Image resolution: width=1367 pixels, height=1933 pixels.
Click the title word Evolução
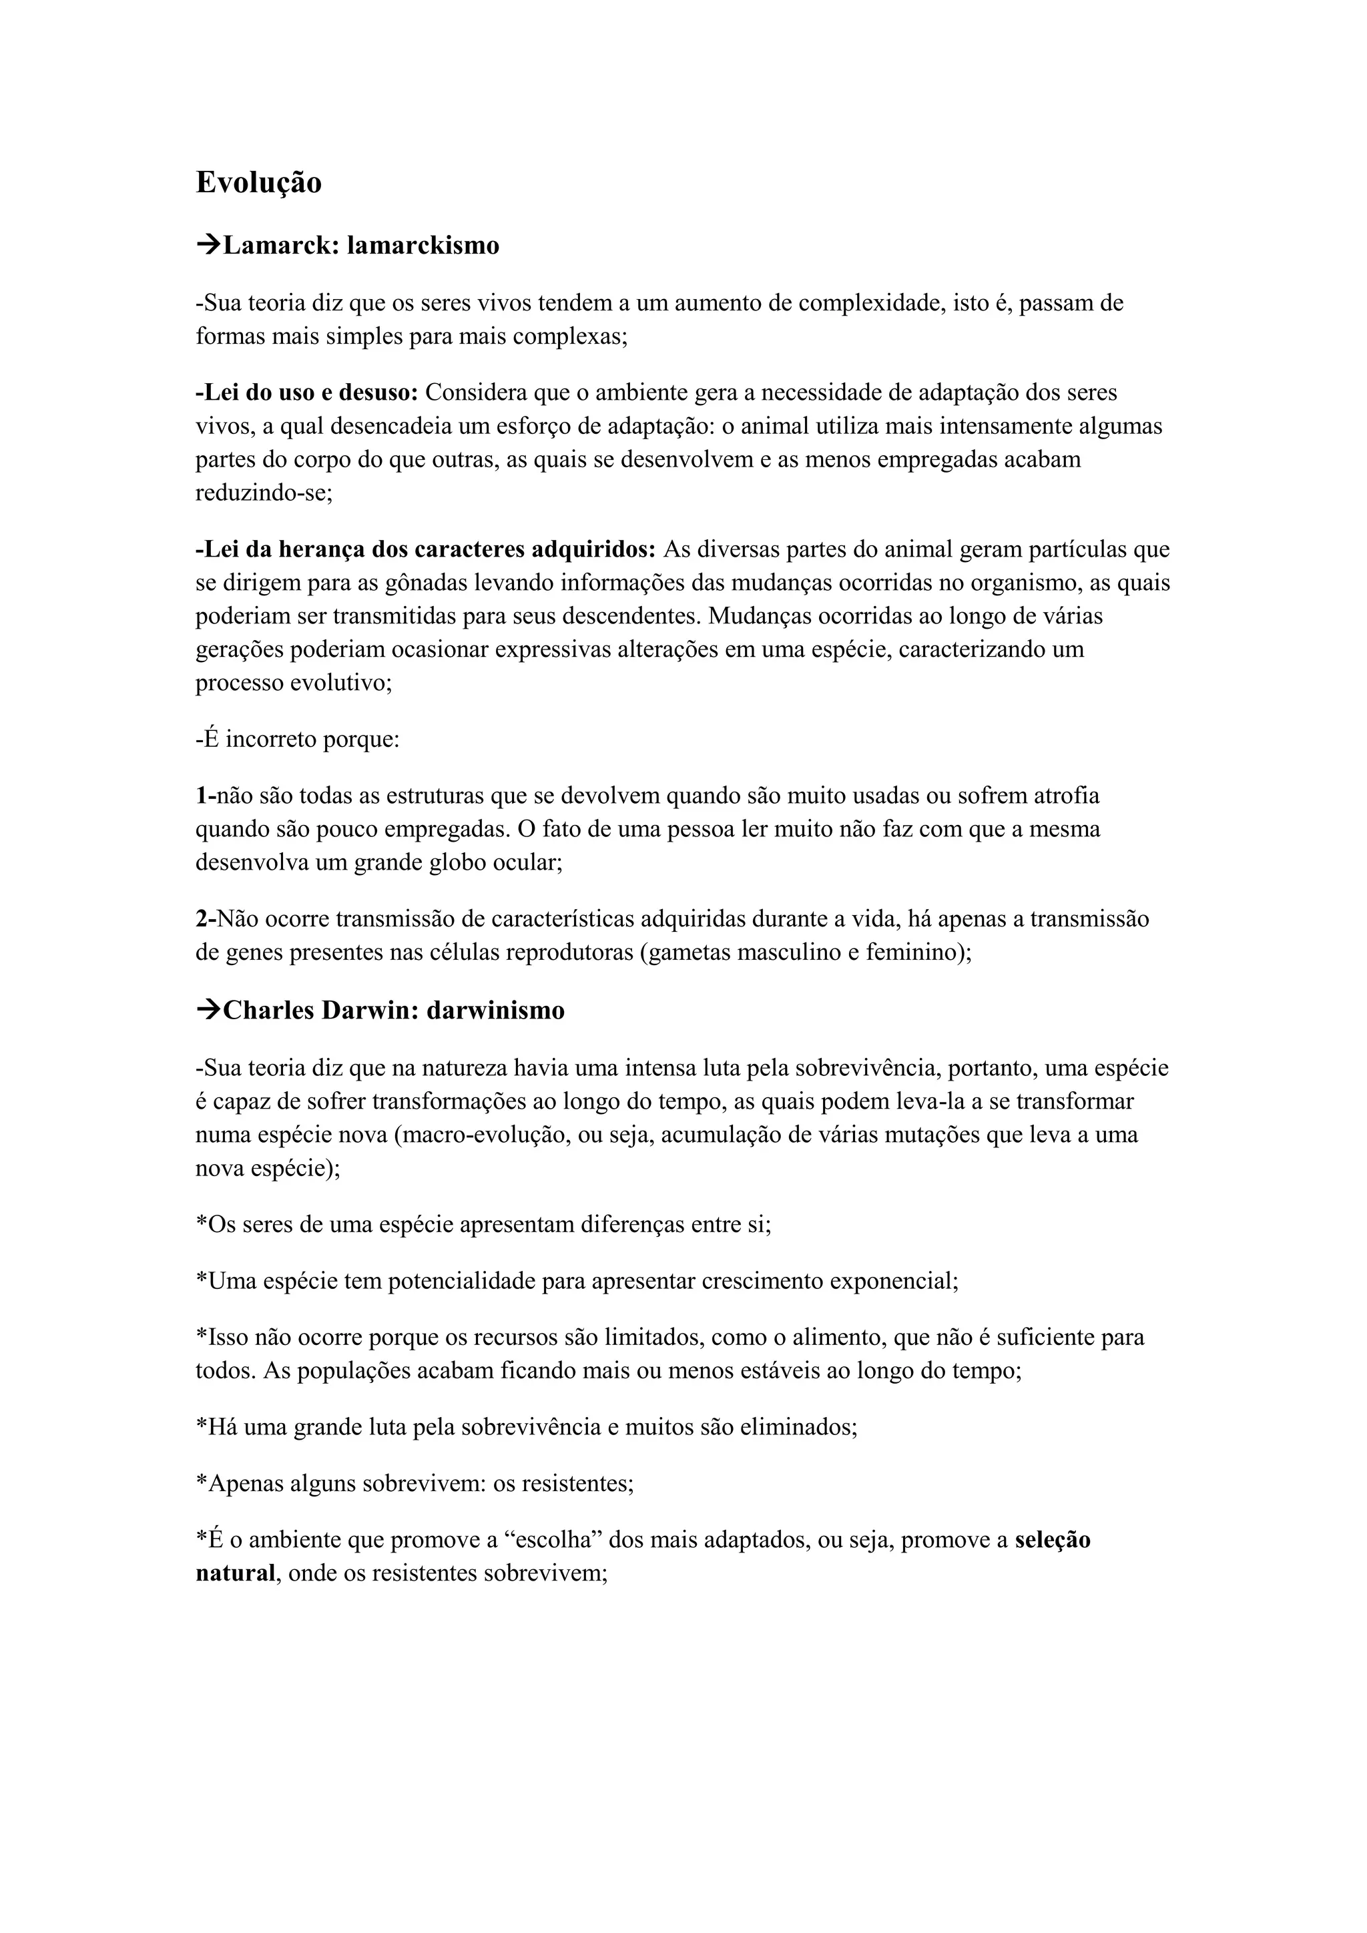coord(258,183)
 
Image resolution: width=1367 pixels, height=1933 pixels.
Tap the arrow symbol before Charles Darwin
coord(208,1011)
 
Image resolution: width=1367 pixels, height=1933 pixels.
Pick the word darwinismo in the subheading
coord(495,1011)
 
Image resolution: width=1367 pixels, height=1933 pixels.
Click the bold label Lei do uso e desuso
coord(307,392)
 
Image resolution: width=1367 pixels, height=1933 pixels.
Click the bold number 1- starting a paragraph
coord(206,796)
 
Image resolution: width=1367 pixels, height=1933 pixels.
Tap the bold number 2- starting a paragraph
coord(206,919)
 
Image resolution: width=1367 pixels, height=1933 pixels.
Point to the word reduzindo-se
coord(264,493)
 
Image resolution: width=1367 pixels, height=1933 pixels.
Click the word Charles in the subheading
coord(268,1011)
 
